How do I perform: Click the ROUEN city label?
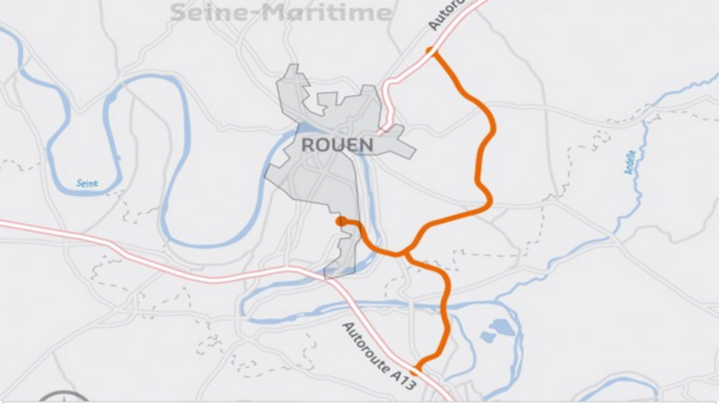[337, 144]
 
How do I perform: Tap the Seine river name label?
[87, 183]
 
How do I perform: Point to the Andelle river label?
[631, 159]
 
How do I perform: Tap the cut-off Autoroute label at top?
[447, 14]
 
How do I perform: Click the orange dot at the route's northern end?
[431, 51]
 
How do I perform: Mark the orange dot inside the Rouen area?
[342, 221]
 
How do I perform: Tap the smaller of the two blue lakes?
[487, 338]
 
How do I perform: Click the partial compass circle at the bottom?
[64, 397]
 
